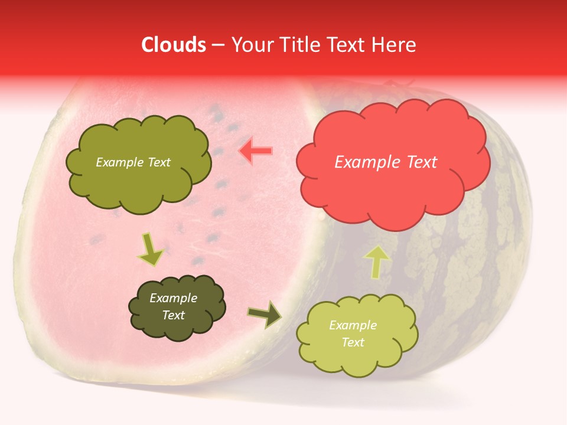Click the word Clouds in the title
point(173,45)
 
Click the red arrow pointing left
point(256,151)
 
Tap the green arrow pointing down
point(150,249)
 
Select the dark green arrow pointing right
point(265,315)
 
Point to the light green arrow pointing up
point(376,261)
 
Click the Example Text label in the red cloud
point(386,162)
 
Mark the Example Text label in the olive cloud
point(133,162)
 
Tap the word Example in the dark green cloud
point(173,298)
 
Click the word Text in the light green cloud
point(353,342)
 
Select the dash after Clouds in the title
point(217,45)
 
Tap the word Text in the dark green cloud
point(173,315)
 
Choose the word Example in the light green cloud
point(353,325)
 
